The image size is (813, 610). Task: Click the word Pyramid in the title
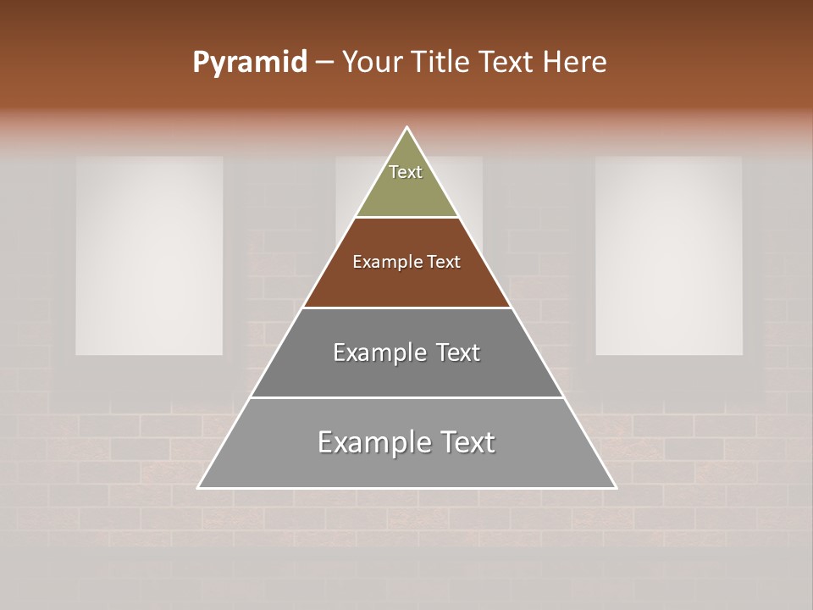249,63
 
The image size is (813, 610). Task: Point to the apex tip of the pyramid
407,129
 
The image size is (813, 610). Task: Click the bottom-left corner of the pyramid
200,487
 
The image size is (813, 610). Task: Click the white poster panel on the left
149,255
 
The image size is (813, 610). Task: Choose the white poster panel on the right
669,255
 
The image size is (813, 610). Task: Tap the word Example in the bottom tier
368,443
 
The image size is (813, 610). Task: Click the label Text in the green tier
406,172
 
